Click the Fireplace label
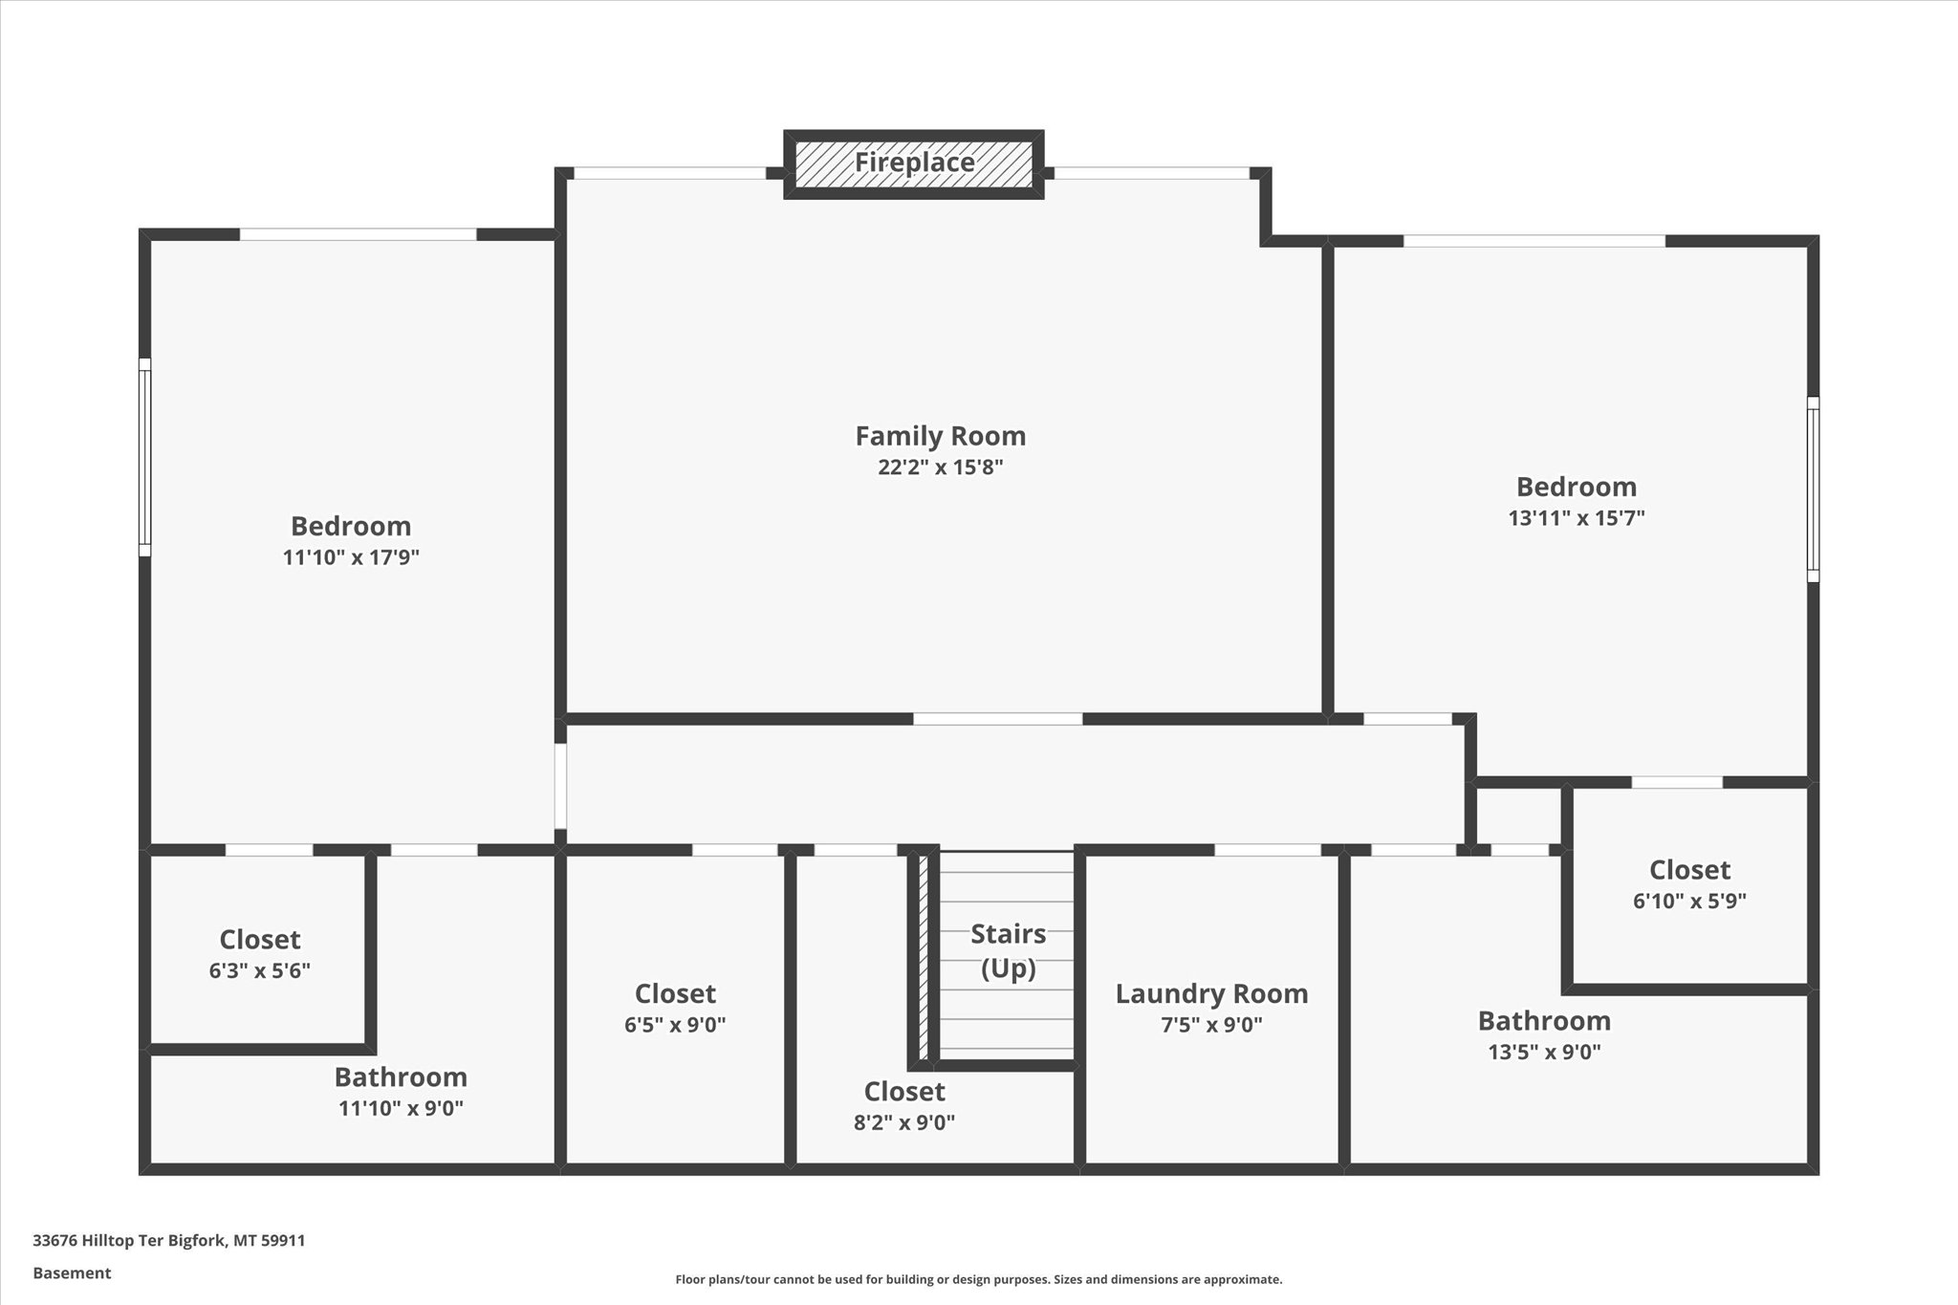click(914, 163)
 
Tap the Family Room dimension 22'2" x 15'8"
click(940, 468)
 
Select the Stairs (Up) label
click(1008, 950)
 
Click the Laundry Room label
click(1211, 993)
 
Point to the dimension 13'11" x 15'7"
click(1576, 518)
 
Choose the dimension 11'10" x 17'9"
click(351, 557)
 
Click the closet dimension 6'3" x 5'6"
click(259, 970)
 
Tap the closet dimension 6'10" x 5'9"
click(1689, 901)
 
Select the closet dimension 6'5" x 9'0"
click(675, 1025)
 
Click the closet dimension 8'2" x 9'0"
click(903, 1122)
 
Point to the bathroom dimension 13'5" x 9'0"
click(1544, 1052)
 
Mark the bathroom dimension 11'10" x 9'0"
click(401, 1108)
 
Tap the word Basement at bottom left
click(72, 1272)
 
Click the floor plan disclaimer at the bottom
click(978, 1279)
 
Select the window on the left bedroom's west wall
click(144, 457)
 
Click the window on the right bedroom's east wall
click(1812, 489)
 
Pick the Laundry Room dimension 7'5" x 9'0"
click(1211, 1025)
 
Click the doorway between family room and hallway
click(997, 719)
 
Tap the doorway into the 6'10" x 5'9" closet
click(1676, 782)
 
